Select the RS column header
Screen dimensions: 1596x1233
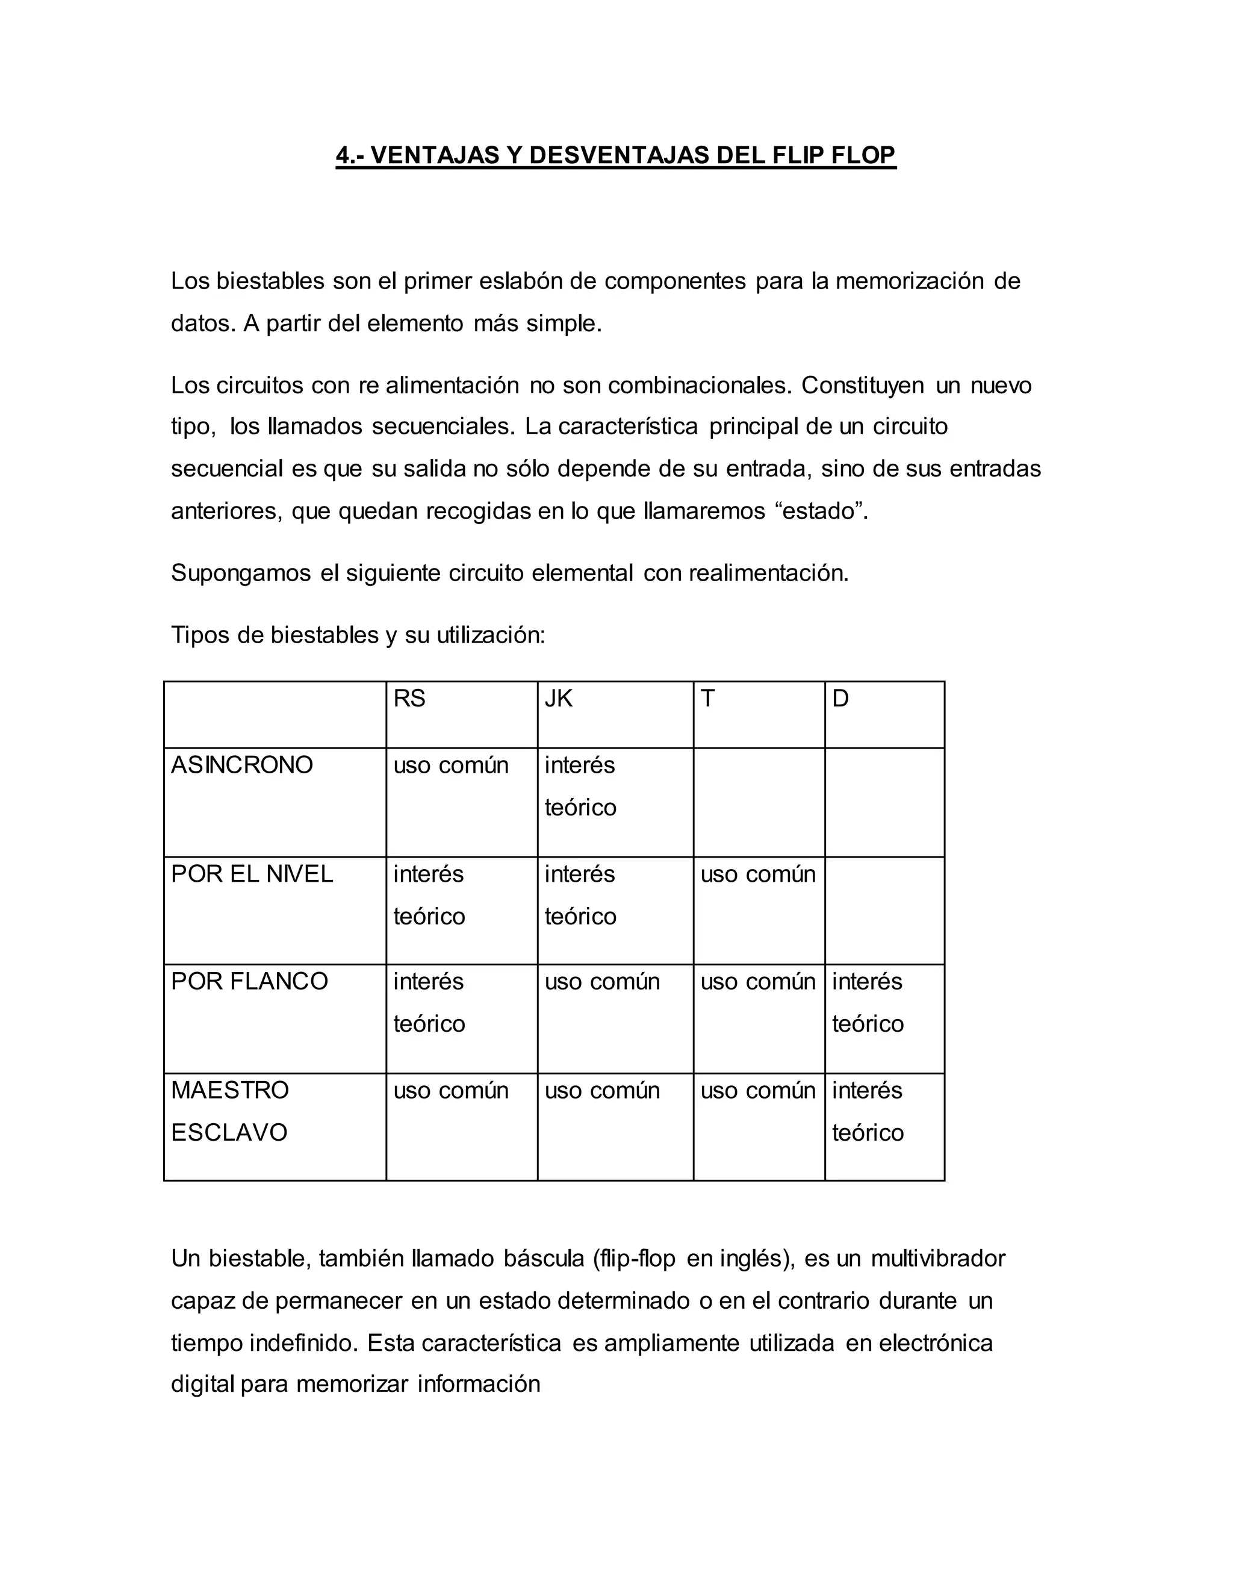(409, 699)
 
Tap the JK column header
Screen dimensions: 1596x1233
(558, 699)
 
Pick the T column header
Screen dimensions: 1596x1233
(707, 699)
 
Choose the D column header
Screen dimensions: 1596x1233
(840, 699)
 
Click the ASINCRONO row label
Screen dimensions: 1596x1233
(242, 765)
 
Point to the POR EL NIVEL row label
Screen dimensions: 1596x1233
(252, 874)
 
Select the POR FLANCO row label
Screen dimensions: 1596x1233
(250, 982)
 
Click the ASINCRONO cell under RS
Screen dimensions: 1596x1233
(451, 765)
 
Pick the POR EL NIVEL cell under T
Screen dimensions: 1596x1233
(757, 874)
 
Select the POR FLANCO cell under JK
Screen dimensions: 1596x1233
(602, 982)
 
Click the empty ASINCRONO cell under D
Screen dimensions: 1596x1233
(884, 802)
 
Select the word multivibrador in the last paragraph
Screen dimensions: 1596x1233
(938, 1258)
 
